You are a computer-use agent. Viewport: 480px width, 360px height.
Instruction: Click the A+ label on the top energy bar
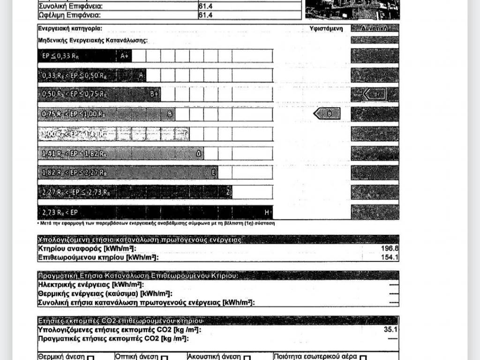tap(124, 56)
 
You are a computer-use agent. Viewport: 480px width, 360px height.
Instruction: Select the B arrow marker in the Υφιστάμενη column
tap(327, 113)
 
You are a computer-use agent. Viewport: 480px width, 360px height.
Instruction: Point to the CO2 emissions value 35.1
tap(390, 330)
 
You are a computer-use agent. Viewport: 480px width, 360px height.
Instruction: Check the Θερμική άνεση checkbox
tap(90, 358)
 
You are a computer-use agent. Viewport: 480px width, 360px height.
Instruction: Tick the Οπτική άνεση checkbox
tap(165, 358)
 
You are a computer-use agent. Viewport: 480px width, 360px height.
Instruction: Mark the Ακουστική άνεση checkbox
tap(247, 358)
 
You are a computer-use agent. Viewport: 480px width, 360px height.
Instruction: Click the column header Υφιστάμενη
tap(326, 29)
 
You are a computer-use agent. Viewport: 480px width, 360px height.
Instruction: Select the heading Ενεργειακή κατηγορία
tap(70, 29)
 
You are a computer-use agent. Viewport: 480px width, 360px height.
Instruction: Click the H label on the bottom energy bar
tap(267, 213)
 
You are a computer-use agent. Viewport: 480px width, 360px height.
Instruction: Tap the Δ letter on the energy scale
tap(198, 153)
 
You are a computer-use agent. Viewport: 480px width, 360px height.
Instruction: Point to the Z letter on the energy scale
tap(228, 192)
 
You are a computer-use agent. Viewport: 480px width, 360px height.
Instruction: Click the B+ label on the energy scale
tap(154, 94)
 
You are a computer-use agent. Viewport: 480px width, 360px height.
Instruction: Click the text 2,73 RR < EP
tap(60, 213)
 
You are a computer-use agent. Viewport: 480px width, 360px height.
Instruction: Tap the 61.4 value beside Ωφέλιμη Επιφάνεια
tap(206, 15)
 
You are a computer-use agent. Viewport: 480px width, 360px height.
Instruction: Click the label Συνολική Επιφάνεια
tap(70, 7)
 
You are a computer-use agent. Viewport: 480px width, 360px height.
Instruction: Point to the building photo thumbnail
tap(352, 9)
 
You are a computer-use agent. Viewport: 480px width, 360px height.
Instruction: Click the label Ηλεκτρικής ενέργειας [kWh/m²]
tap(90, 285)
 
